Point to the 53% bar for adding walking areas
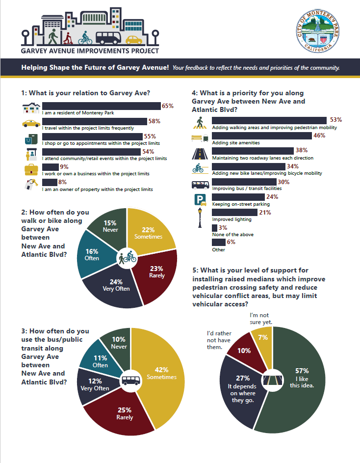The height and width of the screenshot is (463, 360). (269, 121)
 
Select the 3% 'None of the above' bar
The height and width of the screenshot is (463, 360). (214, 228)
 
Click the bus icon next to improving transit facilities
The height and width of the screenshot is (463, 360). (201, 185)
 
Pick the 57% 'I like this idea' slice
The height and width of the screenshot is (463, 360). (302, 383)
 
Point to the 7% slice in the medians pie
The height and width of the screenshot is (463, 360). (263, 339)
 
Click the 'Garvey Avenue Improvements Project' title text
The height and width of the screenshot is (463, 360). (90, 51)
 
